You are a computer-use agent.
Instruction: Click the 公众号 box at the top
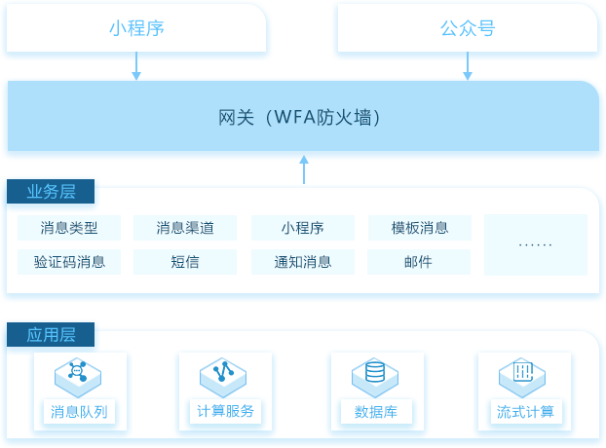click(468, 28)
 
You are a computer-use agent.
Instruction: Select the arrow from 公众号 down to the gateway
click(468, 65)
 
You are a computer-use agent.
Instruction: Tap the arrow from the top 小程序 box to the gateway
click(136, 65)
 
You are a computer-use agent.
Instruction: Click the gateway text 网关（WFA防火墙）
click(299, 117)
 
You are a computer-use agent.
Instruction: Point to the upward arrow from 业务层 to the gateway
click(304, 169)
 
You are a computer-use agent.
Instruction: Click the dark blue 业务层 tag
click(51, 191)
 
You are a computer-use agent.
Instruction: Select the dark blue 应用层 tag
click(51, 334)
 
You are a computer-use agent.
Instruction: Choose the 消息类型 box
click(69, 228)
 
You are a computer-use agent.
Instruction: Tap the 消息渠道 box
click(185, 228)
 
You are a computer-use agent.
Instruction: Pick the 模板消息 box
click(420, 228)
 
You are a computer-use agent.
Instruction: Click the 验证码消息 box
click(69, 262)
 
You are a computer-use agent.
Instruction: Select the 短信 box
click(185, 262)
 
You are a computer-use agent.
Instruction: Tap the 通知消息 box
click(303, 262)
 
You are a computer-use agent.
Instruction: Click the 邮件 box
click(419, 262)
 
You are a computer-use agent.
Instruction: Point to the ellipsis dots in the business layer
click(535, 244)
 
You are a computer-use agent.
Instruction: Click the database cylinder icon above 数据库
click(375, 372)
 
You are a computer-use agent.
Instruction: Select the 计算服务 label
click(225, 411)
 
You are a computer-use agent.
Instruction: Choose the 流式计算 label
click(525, 412)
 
